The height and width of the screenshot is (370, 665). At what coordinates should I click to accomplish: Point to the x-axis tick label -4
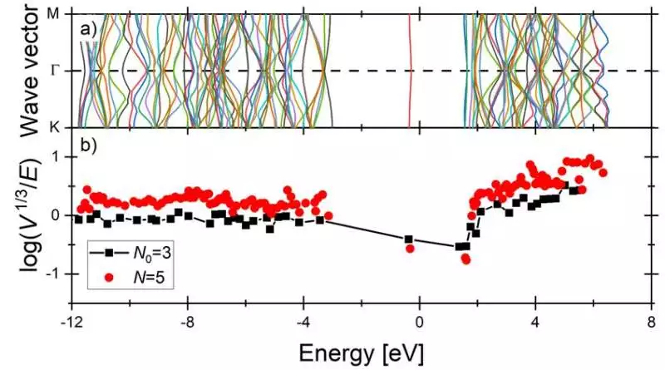point(303,321)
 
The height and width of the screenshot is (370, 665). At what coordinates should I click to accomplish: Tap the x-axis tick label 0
point(420,321)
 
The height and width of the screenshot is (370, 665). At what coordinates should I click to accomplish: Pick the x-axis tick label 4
point(535,321)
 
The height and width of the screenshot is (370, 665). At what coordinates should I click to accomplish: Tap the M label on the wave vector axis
point(56,13)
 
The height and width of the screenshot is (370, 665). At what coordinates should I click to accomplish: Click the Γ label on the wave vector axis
point(56,71)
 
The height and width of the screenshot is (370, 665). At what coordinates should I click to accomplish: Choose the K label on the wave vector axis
point(56,127)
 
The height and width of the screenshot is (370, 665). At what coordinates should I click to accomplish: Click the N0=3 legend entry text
point(150,250)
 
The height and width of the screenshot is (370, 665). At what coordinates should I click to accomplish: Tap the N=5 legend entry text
point(146,272)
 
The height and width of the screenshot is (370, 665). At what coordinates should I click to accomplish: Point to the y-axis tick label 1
point(61,158)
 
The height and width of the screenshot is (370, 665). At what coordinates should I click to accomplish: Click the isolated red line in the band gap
point(409,71)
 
